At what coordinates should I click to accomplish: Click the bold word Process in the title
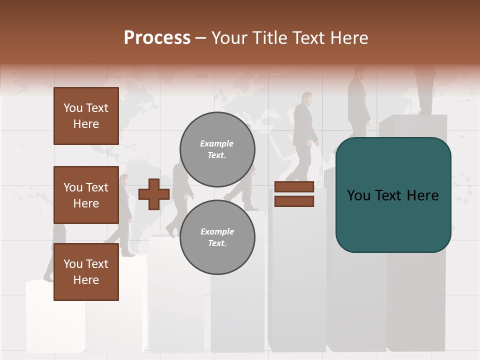coord(157,38)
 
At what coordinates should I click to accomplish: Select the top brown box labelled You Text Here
coord(86,116)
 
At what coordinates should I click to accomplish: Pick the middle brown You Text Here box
coord(86,195)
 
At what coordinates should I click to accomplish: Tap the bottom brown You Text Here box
coord(86,272)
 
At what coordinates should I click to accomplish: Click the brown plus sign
coord(154,194)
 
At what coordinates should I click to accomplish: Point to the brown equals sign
coord(294,194)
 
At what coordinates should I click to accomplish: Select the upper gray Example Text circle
coord(217,149)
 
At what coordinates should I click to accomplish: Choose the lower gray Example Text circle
coord(217,237)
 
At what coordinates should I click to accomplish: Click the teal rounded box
coord(393,195)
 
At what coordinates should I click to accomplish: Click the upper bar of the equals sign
coord(294,187)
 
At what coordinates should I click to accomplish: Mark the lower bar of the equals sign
coord(294,201)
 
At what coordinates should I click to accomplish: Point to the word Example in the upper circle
coord(217,144)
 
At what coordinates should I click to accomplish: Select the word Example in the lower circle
coord(217,232)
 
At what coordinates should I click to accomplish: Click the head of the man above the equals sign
coord(306,98)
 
